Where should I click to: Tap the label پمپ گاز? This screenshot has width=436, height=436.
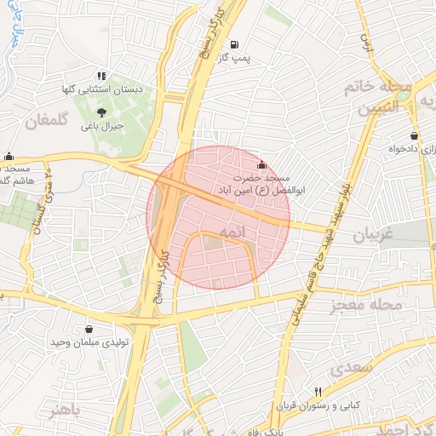click(x=235, y=58)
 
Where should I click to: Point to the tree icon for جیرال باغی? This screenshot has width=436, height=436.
click(x=102, y=112)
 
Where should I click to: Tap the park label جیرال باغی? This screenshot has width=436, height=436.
click(x=102, y=126)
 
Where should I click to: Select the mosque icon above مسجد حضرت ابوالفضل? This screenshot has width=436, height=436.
click(x=261, y=165)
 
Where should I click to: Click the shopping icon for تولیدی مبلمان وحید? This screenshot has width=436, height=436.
click(x=89, y=329)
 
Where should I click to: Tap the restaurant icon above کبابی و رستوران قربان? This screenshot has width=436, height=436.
click(x=318, y=392)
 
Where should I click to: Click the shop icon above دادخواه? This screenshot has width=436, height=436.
click(x=414, y=135)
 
